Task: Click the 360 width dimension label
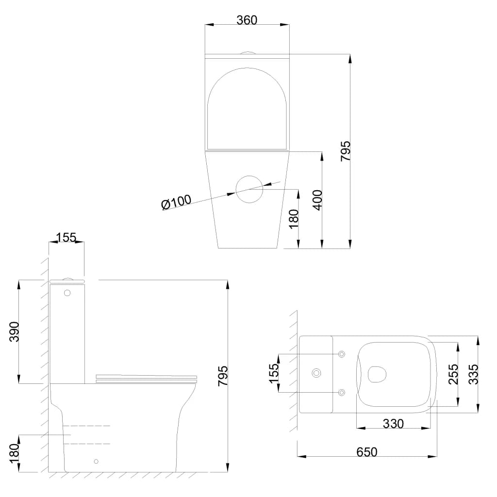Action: (x=247, y=20)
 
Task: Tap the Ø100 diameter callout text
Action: (x=176, y=202)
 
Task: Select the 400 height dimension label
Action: (x=317, y=200)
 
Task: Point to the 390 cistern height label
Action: (x=14, y=332)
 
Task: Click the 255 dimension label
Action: (x=453, y=374)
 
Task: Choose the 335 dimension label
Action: (x=473, y=374)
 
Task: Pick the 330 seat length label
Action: (x=393, y=423)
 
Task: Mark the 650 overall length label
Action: (x=367, y=452)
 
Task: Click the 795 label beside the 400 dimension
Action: (x=346, y=151)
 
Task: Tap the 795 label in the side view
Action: (x=223, y=376)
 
